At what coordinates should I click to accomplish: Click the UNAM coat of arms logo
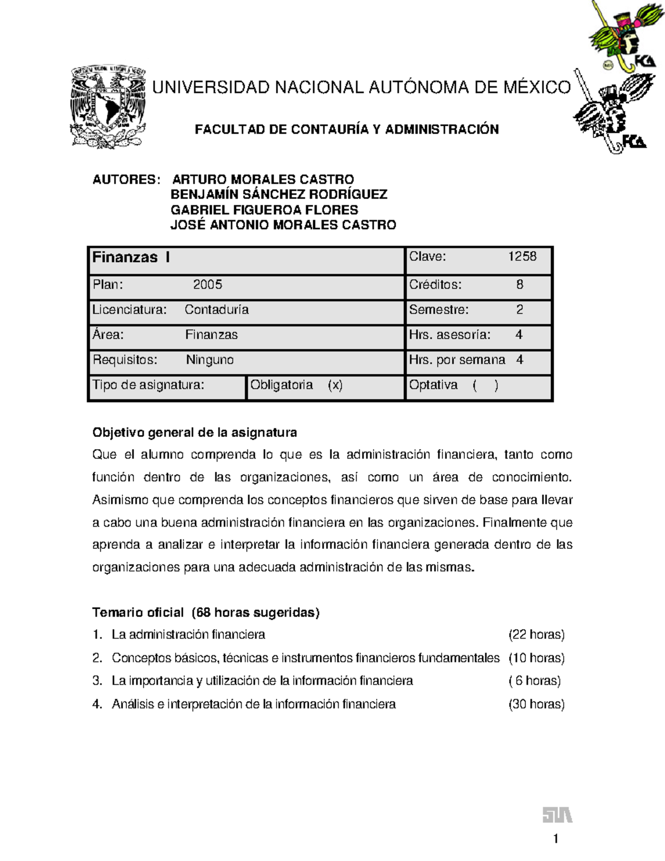[x=108, y=106]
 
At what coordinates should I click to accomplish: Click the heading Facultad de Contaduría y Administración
[x=346, y=130]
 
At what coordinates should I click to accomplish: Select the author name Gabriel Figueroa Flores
[x=264, y=210]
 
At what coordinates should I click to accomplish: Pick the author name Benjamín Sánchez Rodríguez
[x=279, y=195]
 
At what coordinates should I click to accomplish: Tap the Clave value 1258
[x=522, y=256]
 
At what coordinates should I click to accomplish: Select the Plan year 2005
[x=207, y=285]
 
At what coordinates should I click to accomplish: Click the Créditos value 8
[x=519, y=285]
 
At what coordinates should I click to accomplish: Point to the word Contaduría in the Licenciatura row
[x=216, y=310]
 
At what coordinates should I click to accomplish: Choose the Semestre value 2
[x=519, y=310]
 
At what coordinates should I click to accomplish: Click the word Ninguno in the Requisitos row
[x=209, y=360]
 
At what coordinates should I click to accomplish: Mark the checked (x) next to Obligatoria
[x=335, y=385]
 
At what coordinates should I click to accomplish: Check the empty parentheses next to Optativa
[x=485, y=385]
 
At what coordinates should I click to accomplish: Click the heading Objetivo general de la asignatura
[x=195, y=432]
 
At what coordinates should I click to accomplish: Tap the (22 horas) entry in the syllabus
[x=536, y=635]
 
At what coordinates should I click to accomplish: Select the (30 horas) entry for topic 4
[x=536, y=705]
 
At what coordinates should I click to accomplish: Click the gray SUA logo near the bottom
[x=556, y=816]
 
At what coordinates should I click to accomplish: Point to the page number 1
[x=555, y=839]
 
